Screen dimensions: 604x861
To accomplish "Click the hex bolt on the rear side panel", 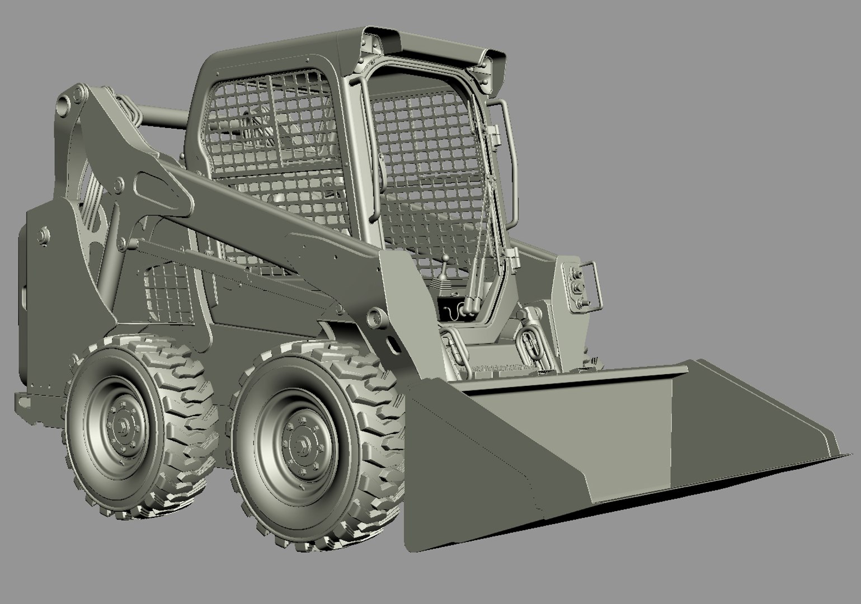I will point(42,235).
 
